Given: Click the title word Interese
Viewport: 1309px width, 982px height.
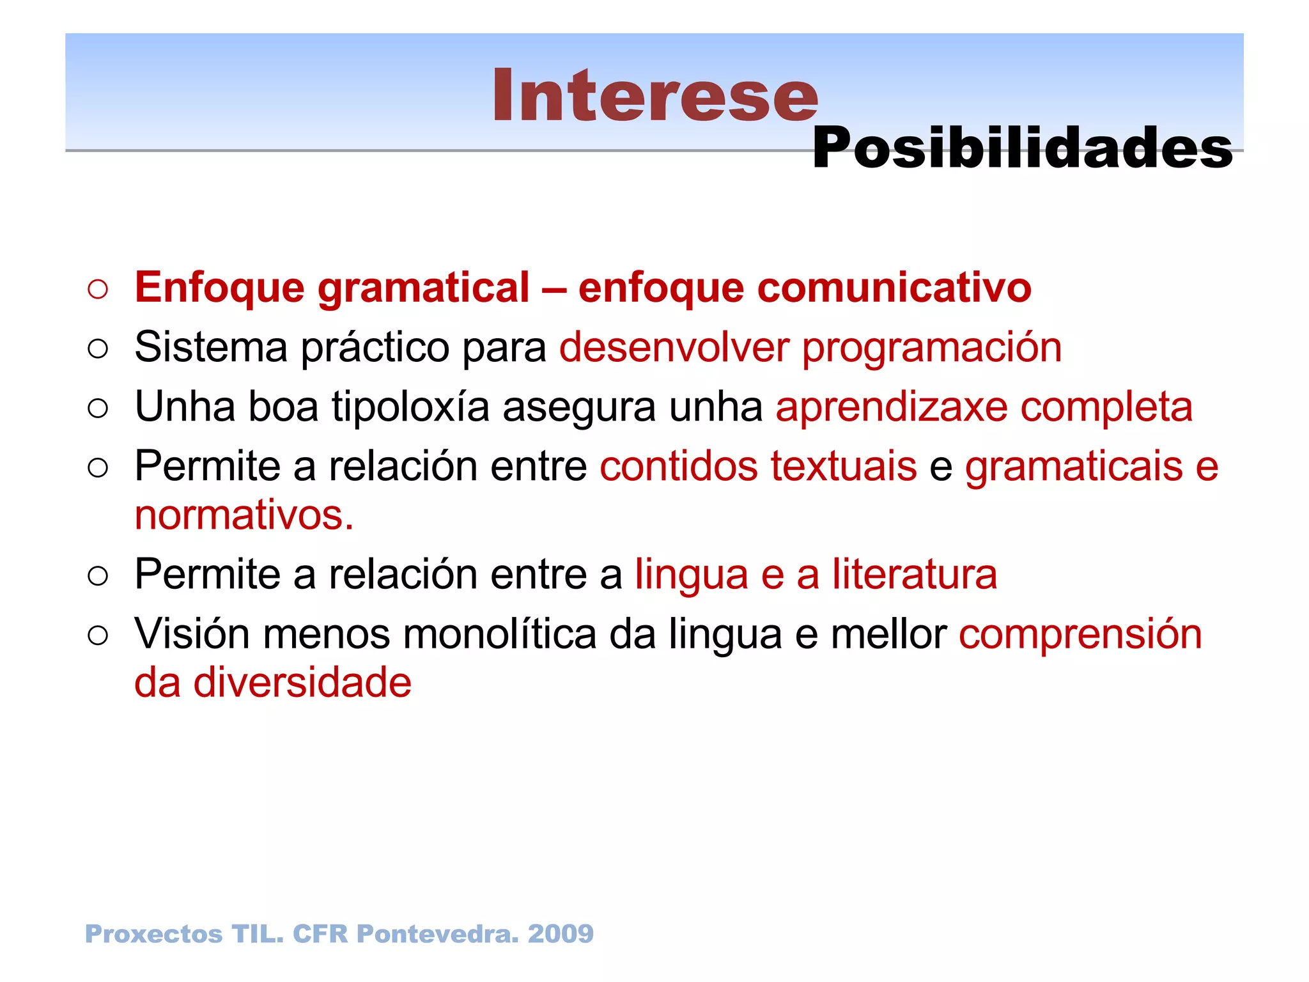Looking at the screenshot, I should [654, 96].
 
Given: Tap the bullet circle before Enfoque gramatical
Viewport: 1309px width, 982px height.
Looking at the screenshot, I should [98, 289].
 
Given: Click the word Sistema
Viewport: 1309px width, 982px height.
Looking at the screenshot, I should [211, 348].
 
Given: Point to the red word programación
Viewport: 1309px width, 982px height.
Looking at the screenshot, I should [931, 349].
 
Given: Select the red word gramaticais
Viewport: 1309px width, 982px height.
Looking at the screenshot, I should [1073, 467].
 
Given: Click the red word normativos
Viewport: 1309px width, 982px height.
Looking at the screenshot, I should [243, 515].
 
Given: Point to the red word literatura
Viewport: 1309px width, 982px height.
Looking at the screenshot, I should [914, 575].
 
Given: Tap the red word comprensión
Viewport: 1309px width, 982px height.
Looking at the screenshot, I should [1080, 635].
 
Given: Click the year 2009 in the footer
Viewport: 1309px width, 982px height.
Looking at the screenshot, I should [561, 934].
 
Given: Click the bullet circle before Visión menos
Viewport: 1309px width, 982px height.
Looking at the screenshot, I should [98, 635].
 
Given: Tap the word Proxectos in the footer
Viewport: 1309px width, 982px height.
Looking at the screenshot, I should [153, 934].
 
